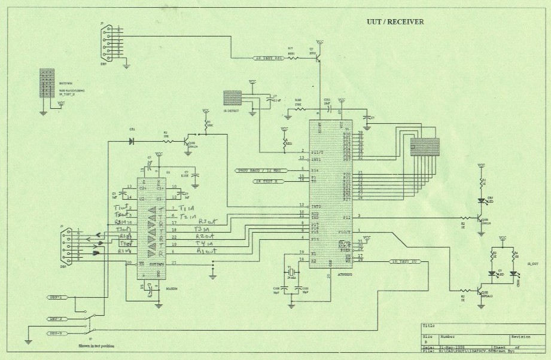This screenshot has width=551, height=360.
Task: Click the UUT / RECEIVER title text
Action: pos(395,22)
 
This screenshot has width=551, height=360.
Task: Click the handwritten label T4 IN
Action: pos(204,244)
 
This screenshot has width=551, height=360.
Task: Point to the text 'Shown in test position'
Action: pos(96,346)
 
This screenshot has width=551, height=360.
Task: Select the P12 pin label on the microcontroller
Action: pos(347,217)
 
